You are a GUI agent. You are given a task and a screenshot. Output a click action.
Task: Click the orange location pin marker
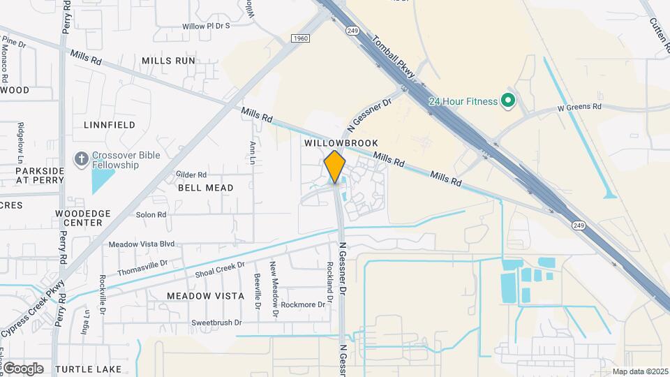pyautogui.click(x=335, y=167)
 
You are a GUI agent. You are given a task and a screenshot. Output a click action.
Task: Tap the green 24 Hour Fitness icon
pyautogui.click(x=508, y=102)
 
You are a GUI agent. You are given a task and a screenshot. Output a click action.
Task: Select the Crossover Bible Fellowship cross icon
pyautogui.click(x=82, y=159)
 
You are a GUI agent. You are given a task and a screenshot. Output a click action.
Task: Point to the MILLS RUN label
pyautogui.click(x=168, y=61)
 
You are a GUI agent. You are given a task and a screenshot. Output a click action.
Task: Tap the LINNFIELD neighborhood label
pyautogui.click(x=110, y=125)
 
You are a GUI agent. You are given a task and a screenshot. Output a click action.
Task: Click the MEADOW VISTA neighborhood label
pyautogui.click(x=206, y=296)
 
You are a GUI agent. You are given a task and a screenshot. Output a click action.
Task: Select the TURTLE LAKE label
pyautogui.click(x=89, y=369)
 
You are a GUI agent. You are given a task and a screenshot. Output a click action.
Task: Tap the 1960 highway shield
pyautogui.click(x=301, y=38)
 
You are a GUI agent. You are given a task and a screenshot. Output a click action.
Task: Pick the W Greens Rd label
pyautogui.click(x=579, y=108)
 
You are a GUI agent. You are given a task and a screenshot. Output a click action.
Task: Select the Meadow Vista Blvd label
pyautogui.click(x=142, y=244)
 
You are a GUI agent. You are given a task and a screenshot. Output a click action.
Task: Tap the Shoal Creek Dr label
pyautogui.click(x=221, y=269)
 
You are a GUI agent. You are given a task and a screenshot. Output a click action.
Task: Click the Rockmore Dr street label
pyautogui.click(x=302, y=304)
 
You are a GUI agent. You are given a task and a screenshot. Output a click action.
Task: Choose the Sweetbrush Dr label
pyautogui.click(x=216, y=323)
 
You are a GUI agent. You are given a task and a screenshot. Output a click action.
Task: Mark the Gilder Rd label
pyautogui.click(x=191, y=175)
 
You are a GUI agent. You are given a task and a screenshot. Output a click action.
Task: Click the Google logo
pyautogui.click(x=22, y=368)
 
